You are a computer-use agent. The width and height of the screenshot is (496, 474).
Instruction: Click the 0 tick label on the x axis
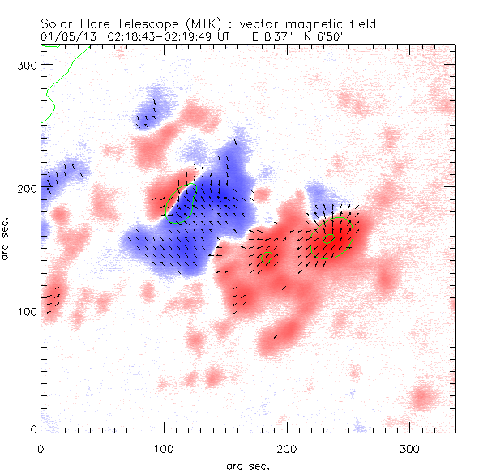(41, 448)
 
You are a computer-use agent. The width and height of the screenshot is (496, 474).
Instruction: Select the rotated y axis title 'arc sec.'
(9, 238)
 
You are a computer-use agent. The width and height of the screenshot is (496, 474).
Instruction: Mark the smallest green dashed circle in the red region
(265, 258)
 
